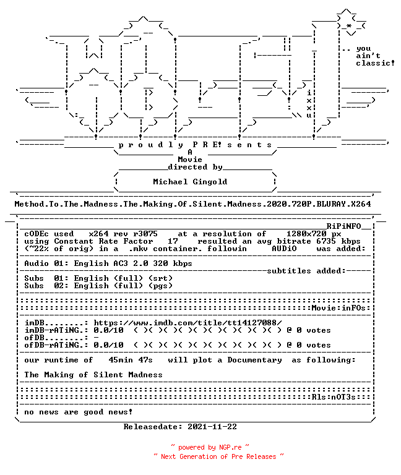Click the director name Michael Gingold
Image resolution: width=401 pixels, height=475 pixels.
pyautogui.click(x=190, y=182)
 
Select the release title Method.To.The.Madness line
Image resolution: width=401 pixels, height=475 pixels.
pyautogui.click(x=193, y=204)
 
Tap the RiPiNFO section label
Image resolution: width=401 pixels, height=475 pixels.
pyautogui.click(x=343, y=226)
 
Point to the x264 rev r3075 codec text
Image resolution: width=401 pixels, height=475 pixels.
pyautogui.click(x=123, y=234)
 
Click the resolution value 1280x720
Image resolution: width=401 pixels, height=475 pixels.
pyautogui.click(x=306, y=234)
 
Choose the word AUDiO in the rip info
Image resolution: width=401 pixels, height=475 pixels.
pyautogui.click(x=284, y=249)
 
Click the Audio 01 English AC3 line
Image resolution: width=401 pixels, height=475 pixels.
pyautogui.click(x=108, y=263)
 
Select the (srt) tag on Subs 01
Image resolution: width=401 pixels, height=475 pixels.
pyautogui.click(x=160, y=278)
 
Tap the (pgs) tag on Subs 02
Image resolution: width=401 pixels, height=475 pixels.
pyautogui.click(x=160, y=286)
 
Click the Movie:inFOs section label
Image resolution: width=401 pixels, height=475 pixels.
pyautogui.click(x=338, y=308)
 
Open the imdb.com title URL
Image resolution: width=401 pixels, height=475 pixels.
pyautogui.click(x=188, y=323)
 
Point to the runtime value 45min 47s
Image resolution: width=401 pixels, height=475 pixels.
pyautogui.click(x=131, y=360)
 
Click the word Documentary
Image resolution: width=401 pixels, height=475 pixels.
pyautogui.click(x=254, y=360)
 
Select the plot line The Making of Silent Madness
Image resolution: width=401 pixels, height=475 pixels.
pyautogui.click(x=93, y=375)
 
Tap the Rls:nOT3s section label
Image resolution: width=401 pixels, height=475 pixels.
pyautogui.click(x=334, y=397)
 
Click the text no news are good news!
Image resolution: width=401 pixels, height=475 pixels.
pyautogui.click(x=79, y=412)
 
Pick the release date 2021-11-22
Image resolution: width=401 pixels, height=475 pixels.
pyautogui.click(x=212, y=427)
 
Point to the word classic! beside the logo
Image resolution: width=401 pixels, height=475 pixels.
pyautogui.click(x=375, y=63)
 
